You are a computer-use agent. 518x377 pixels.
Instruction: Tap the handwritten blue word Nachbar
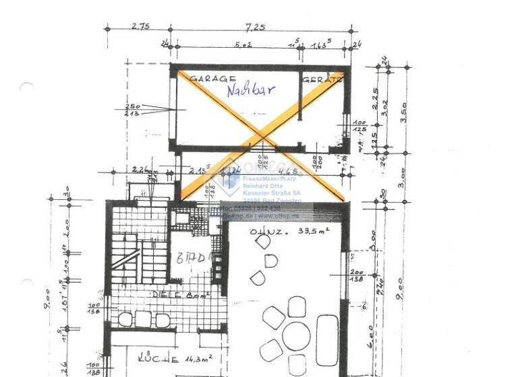(x=250, y=90)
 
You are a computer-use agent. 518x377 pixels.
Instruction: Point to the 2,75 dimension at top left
(x=140, y=27)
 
